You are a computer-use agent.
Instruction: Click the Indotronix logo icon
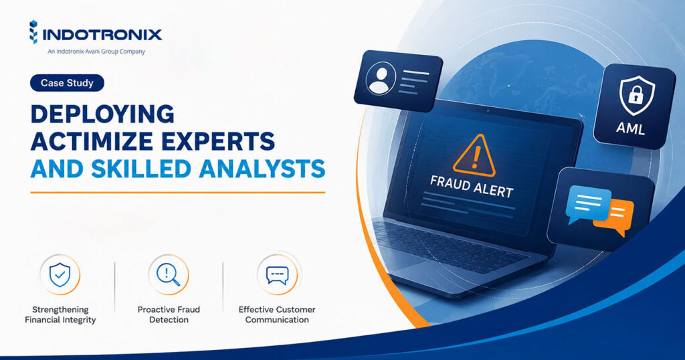(x=33, y=32)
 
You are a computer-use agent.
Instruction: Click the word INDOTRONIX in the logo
(x=102, y=35)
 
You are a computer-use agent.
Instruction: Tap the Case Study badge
(x=67, y=83)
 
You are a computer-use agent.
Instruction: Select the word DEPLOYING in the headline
(x=102, y=114)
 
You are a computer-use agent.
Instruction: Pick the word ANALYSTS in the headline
(x=262, y=169)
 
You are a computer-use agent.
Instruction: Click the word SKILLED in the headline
(x=142, y=169)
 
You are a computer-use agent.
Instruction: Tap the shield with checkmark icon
(x=60, y=275)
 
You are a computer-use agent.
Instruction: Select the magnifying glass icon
(x=169, y=275)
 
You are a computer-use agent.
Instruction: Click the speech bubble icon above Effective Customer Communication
(x=278, y=275)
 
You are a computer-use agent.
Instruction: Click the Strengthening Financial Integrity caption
(x=60, y=314)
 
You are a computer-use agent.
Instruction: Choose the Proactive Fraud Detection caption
(x=169, y=314)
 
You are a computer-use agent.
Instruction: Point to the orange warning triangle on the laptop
(x=474, y=155)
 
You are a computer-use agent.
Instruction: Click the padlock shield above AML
(x=637, y=95)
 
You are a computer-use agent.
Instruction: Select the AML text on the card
(x=630, y=128)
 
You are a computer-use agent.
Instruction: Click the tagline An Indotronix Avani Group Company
(x=96, y=52)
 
